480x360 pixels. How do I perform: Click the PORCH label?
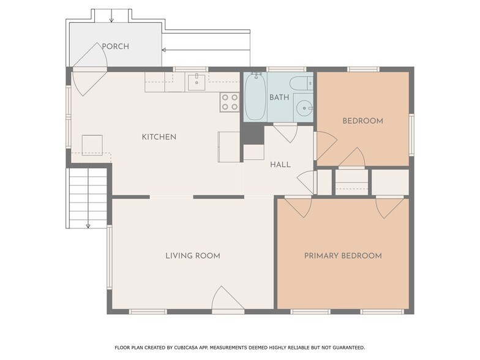(x=115, y=47)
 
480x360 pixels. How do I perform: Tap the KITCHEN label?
(x=159, y=137)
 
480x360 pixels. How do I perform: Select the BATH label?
(x=279, y=97)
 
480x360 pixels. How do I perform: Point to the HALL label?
(x=280, y=165)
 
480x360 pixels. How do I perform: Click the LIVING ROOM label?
(x=193, y=256)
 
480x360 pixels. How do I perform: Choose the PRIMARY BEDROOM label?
(x=343, y=256)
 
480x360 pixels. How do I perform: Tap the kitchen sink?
(x=197, y=82)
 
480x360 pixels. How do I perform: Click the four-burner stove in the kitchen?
(x=230, y=102)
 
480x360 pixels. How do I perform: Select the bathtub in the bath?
(x=255, y=97)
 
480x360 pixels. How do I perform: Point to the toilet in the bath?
(x=301, y=83)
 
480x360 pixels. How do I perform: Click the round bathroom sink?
(x=304, y=108)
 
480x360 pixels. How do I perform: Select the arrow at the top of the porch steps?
(x=111, y=16)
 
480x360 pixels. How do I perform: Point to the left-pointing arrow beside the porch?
(x=206, y=50)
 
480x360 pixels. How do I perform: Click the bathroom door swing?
(x=285, y=133)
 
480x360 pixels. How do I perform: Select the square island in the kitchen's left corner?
(x=92, y=144)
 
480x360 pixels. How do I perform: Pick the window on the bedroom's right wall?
(x=411, y=135)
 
